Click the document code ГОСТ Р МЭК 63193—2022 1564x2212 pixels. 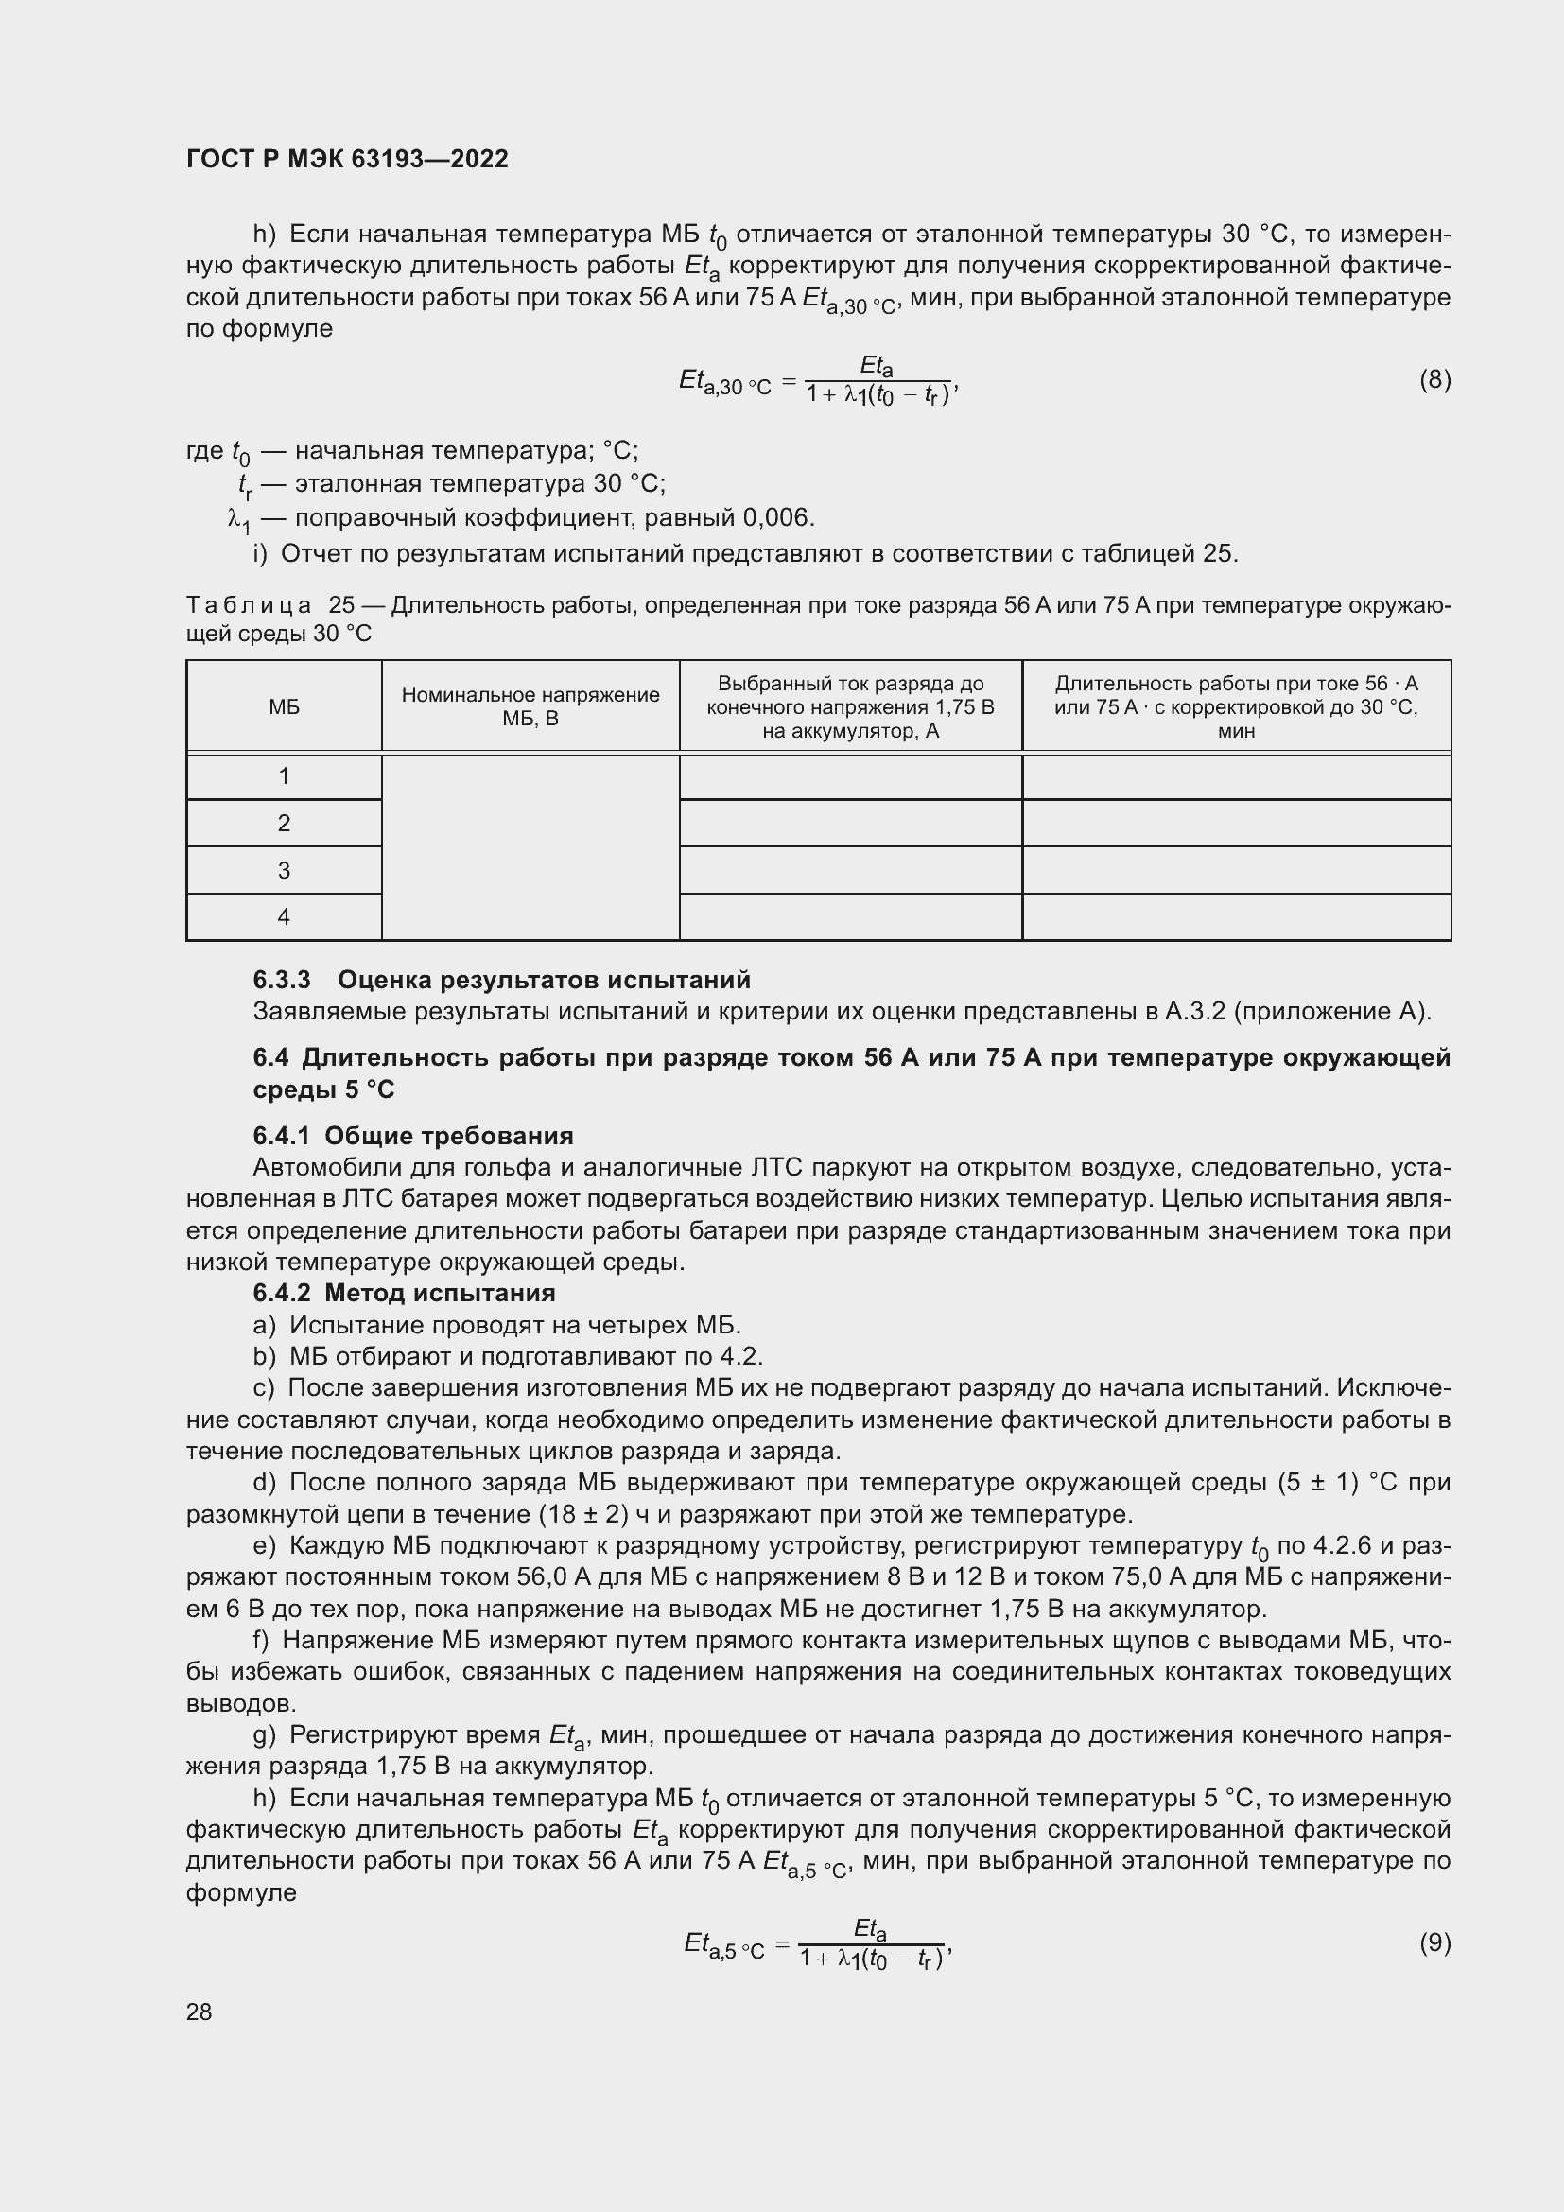coord(347,159)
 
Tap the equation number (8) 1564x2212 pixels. coord(1434,379)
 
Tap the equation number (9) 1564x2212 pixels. coord(1434,1942)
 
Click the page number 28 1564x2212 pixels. coord(200,2012)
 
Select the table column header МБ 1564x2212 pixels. coord(284,707)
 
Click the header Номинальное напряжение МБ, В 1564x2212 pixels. coord(530,706)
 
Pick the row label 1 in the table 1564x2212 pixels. coord(284,775)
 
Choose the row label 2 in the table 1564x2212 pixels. coord(284,823)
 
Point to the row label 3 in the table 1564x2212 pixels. coord(284,870)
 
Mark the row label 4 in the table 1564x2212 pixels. coord(284,916)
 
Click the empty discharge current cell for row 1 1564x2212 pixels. coord(850,776)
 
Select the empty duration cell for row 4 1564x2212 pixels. coord(1237,916)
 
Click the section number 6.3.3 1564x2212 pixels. coord(281,980)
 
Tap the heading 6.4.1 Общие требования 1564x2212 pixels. coord(413,1136)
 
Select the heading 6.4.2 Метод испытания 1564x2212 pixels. coord(405,1293)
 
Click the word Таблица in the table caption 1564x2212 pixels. coord(249,605)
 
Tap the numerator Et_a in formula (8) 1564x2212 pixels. coord(877,367)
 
